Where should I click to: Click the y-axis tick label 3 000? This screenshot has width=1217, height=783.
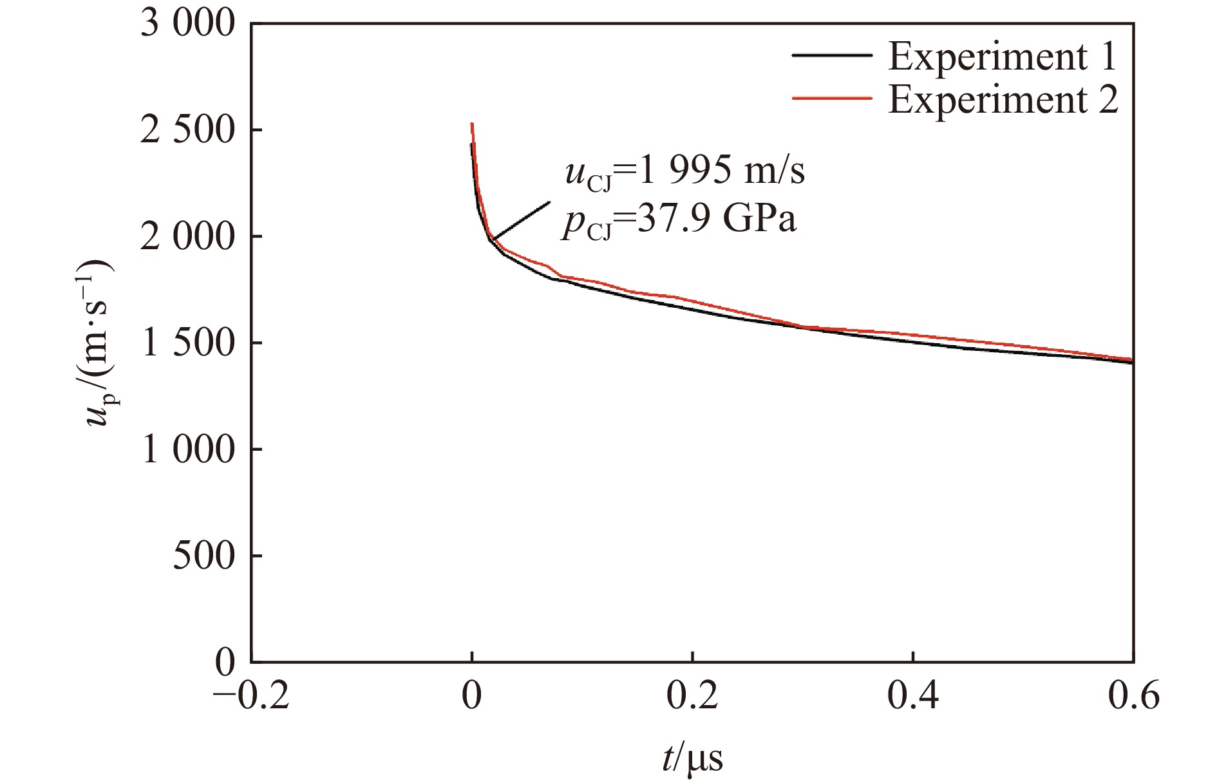(188, 24)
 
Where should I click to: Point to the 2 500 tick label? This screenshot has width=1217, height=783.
(188, 131)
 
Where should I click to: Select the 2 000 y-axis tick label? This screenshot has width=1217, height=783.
(188, 237)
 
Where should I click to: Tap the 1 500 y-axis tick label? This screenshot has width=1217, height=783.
(188, 343)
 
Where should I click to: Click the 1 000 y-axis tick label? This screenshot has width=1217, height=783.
(188, 449)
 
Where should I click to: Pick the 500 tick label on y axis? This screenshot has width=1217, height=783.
(204, 556)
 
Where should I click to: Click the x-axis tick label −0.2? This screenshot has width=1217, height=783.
(251, 697)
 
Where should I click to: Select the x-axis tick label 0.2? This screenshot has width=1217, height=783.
(692, 697)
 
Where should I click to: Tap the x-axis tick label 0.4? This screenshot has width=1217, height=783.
(913, 697)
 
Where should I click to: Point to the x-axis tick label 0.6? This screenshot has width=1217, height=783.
(1133, 697)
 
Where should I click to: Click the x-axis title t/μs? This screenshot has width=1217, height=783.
(692, 758)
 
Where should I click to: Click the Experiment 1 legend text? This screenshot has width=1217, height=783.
(1003, 57)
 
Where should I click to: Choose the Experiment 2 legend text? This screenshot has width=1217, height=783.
(1003, 100)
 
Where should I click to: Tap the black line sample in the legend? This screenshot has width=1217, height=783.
(832, 56)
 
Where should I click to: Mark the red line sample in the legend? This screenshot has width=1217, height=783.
(832, 99)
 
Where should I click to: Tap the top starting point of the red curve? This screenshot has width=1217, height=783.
(472, 124)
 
